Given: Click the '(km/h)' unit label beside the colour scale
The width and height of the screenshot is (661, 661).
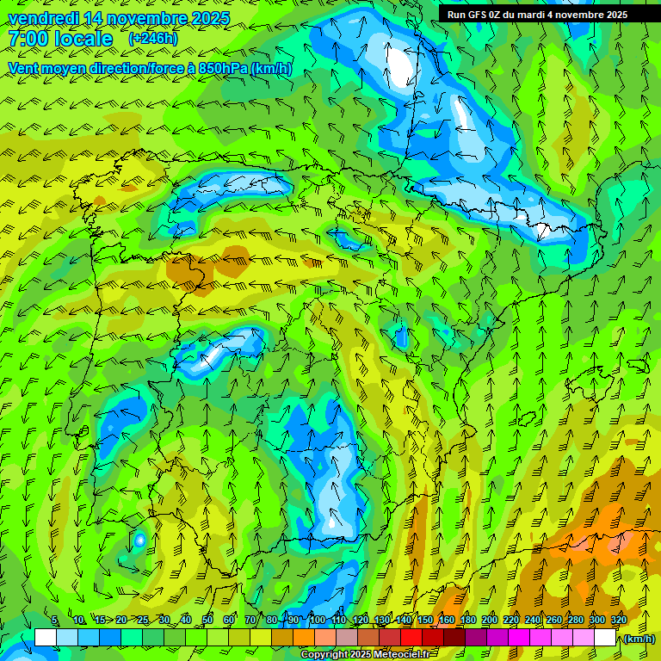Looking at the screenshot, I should (x=638, y=639).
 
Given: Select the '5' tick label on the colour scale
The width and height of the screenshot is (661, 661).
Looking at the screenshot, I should (x=55, y=621).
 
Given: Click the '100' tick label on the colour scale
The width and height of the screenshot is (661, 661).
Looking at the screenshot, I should (x=318, y=621).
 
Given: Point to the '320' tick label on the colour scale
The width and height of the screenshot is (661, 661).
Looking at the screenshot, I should (x=619, y=621).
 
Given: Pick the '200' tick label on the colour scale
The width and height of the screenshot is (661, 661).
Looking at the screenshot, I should (x=490, y=621).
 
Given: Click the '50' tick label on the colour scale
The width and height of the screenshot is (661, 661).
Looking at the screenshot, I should (x=207, y=621).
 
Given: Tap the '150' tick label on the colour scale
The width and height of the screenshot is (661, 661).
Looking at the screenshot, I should (x=425, y=621).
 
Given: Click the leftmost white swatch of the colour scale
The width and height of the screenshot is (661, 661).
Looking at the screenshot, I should (x=46, y=638).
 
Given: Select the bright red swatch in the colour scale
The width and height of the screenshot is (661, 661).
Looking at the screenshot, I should (x=411, y=638).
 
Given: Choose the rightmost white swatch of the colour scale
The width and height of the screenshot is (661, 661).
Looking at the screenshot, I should (x=605, y=638).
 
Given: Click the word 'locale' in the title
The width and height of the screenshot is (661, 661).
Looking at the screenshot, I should (x=82, y=39).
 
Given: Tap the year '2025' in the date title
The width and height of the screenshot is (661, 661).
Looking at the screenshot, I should (x=207, y=18).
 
